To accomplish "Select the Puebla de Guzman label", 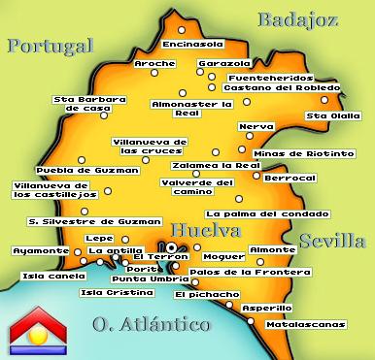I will pos(75,170).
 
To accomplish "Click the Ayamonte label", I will pos(41,250).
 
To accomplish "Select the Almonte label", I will pos(274,250).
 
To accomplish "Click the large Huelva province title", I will pos(205,231).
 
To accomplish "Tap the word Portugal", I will pos(49,46).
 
